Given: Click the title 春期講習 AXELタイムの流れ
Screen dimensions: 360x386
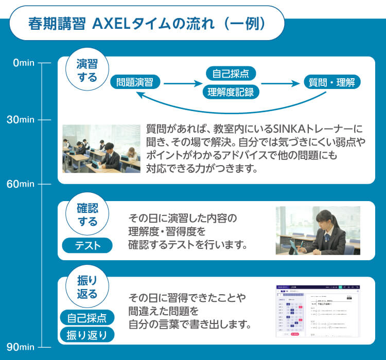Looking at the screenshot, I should click(x=147, y=24).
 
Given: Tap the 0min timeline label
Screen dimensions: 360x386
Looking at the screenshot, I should click(x=23, y=63).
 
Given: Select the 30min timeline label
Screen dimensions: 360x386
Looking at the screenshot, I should click(x=21, y=120).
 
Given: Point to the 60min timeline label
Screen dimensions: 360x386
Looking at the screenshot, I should click(x=21, y=184).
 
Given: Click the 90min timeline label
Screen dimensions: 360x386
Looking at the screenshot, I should click(x=21, y=346).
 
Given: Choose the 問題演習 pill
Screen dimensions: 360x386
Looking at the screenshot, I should click(x=135, y=82).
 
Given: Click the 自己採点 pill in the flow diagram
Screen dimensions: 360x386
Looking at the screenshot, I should click(x=231, y=73).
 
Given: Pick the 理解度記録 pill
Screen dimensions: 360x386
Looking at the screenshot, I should click(x=231, y=92).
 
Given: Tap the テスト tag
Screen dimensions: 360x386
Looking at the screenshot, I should click(x=87, y=246).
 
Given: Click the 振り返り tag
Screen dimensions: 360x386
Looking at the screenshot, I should click(x=87, y=335).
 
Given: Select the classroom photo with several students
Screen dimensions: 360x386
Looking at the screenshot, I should click(x=101, y=148).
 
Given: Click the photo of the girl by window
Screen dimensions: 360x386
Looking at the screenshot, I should click(x=318, y=230).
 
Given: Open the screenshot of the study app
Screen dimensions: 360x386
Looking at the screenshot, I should click(x=318, y=311).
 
